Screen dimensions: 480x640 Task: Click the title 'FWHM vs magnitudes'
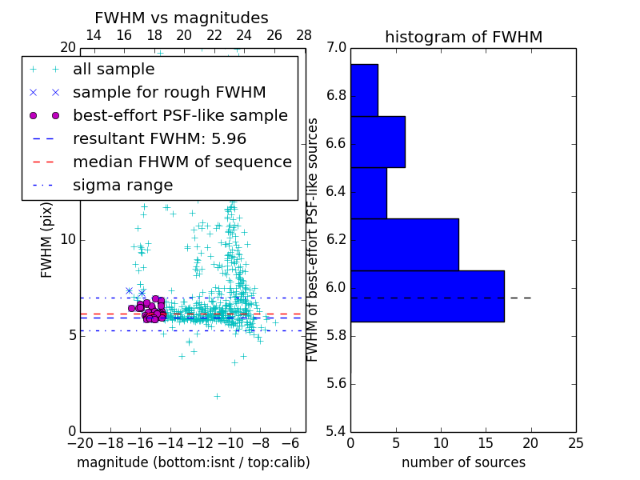(x=182, y=18)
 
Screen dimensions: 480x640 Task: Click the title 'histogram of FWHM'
(x=463, y=37)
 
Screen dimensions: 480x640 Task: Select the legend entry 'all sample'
(x=114, y=70)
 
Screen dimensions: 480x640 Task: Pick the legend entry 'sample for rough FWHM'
(x=169, y=93)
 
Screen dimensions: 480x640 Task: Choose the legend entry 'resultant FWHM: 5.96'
(x=159, y=138)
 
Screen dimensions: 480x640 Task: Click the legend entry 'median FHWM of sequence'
(x=182, y=162)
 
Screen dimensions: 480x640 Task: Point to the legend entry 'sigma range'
(x=122, y=185)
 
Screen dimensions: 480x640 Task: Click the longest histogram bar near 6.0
(x=427, y=296)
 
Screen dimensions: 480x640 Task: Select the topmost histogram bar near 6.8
(x=364, y=90)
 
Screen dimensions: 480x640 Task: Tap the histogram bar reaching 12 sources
(x=404, y=244)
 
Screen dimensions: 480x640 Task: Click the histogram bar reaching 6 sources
(x=378, y=142)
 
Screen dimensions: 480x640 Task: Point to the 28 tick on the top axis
(x=304, y=35)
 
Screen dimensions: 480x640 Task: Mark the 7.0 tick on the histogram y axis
(x=337, y=48)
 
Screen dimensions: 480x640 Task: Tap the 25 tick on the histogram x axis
(x=575, y=441)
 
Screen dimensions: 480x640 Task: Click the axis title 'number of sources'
(x=463, y=462)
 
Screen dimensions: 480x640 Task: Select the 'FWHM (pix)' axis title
(x=47, y=239)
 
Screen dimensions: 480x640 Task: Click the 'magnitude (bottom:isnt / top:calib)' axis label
(x=193, y=462)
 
